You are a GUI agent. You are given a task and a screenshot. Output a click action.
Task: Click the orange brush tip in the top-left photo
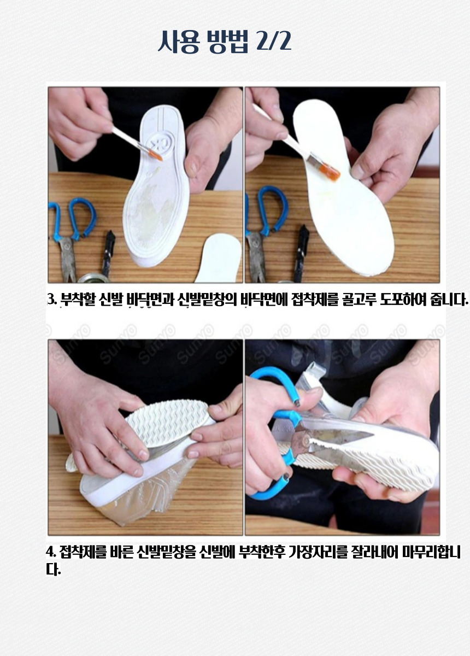click(x=156, y=155)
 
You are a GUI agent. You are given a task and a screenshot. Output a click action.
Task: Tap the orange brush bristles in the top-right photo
click(x=330, y=173)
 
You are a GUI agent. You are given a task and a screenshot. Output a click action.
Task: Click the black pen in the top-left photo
click(x=108, y=253)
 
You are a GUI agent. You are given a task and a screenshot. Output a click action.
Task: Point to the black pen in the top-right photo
click(x=301, y=253)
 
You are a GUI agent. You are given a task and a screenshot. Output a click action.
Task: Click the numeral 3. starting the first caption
click(x=51, y=300)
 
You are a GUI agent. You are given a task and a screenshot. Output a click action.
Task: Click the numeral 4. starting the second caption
click(x=51, y=552)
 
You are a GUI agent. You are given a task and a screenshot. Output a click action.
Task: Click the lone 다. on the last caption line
click(x=53, y=570)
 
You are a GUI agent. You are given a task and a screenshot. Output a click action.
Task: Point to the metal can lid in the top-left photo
click(x=93, y=278)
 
